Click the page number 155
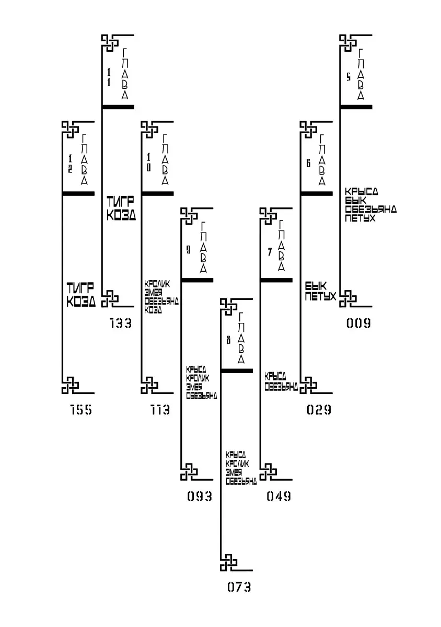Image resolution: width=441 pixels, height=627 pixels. [81, 410]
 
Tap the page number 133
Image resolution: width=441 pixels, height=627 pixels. [121, 323]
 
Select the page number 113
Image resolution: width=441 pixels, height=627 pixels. [160, 410]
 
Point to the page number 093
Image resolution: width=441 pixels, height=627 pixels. [200, 496]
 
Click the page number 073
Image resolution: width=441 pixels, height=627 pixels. [239, 587]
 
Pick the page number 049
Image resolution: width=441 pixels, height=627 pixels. [279, 496]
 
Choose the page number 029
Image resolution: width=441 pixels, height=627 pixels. [319, 410]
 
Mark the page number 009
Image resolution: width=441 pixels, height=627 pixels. [358, 323]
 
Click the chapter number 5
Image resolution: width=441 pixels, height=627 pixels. [349, 77]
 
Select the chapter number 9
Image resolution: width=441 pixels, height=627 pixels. [188, 250]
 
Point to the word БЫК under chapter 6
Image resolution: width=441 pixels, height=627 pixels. [316, 287]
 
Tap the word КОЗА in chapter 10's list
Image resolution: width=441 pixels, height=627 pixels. [153, 310]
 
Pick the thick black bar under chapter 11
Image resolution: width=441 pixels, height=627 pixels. [118, 107]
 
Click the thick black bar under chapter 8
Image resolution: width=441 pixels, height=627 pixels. [237, 370]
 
